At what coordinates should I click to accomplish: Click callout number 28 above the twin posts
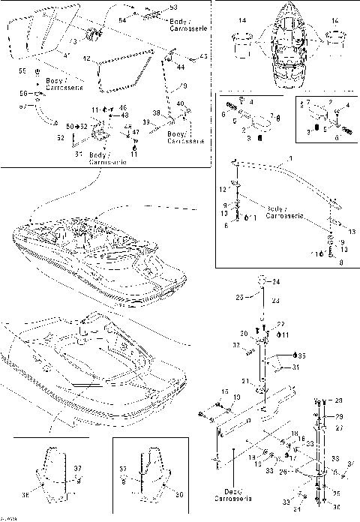point(338,400)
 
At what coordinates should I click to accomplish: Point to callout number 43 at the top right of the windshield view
point(204,57)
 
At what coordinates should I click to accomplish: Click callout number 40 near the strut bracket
point(179,104)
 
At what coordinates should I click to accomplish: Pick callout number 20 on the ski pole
point(244,334)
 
